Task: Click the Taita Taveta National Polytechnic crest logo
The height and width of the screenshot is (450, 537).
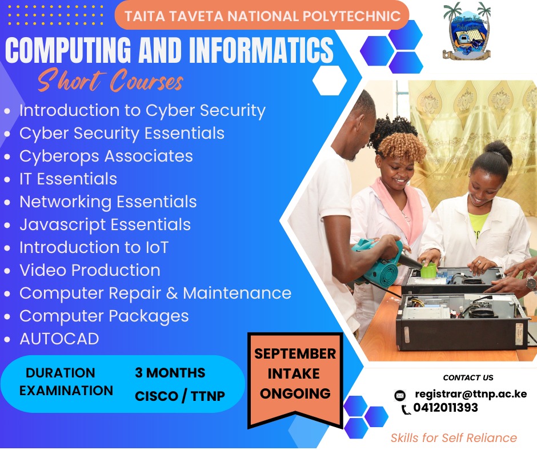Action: click(467, 31)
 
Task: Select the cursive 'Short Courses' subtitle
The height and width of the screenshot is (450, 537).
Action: click(110, 81)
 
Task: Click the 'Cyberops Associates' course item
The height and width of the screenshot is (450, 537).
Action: click(106, 156)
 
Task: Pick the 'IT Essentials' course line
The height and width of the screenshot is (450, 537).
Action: click(68, 179)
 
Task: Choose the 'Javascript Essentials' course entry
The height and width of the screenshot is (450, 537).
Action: click(105, 225)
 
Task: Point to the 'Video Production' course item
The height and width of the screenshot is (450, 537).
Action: click(90, 270)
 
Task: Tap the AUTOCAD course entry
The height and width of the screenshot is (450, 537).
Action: click(59, 339)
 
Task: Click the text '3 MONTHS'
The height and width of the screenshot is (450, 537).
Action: click(170, 372)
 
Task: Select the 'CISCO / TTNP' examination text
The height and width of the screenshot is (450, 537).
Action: click(180, 396)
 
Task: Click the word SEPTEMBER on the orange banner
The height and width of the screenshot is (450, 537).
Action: click(295, 353)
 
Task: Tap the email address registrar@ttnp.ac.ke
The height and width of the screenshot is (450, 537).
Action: click(471, 394)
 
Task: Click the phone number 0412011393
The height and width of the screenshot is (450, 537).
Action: click(446, 408)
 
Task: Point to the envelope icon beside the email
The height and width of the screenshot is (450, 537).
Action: click(400, 396)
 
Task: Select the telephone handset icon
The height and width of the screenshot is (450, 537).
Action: click(406, 409)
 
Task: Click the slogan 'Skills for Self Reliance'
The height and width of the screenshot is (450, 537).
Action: click(454, 437)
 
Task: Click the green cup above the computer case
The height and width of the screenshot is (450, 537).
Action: click(428, 270)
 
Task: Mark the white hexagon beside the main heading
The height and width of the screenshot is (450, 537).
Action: click(330, 81)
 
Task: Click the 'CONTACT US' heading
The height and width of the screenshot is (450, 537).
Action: click(468, 377)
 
